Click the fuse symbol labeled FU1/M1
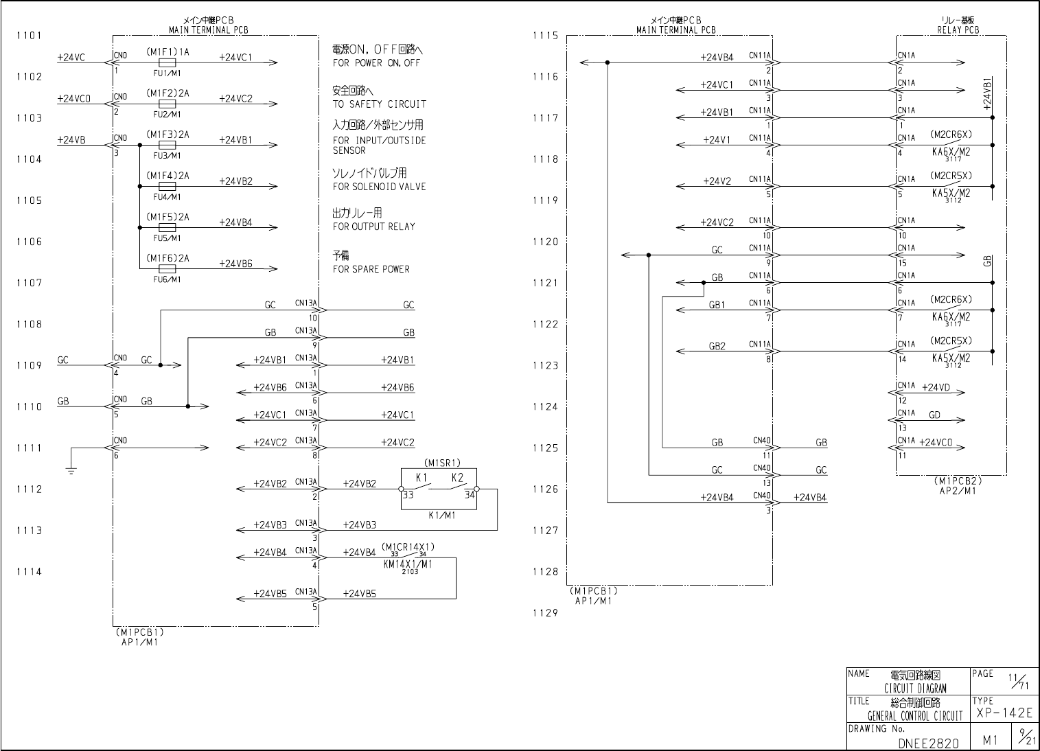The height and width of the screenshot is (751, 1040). coord(167,62)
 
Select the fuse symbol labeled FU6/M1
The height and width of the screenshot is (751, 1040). coord(167,268)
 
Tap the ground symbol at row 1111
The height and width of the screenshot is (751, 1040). coord(71,470)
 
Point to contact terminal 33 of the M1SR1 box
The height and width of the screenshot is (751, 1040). coord(401,489)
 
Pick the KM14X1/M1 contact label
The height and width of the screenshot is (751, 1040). coord(408,564)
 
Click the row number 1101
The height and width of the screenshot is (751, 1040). coord(29,36)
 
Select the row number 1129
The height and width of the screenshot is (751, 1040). coord(546,613)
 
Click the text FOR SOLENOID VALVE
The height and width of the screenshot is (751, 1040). coord(379,187)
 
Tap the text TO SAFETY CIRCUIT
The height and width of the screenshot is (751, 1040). coord(380,104)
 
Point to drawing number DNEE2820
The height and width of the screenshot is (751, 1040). coord(928,743)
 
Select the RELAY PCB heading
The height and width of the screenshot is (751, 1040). coord(958,30)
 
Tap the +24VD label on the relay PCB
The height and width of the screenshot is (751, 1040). coord(935,388)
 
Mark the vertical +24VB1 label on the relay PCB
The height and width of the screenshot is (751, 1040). coord(987,93)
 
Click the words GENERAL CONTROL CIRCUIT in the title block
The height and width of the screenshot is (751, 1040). coord(915,716)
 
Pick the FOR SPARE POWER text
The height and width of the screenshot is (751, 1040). coord(371,269)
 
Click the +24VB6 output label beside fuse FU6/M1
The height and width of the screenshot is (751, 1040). coord(235,264)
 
